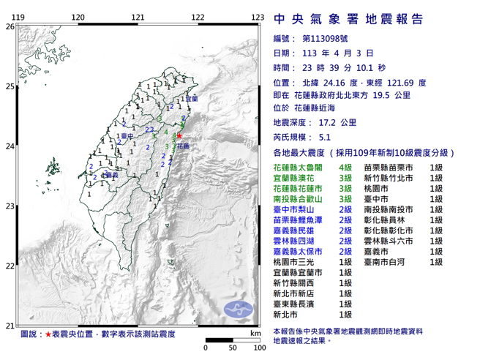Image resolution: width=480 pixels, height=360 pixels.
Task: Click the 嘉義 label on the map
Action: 111,175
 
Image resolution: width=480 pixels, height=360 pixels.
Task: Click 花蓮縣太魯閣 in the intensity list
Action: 296,168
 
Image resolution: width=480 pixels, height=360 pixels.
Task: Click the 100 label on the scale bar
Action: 258,348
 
